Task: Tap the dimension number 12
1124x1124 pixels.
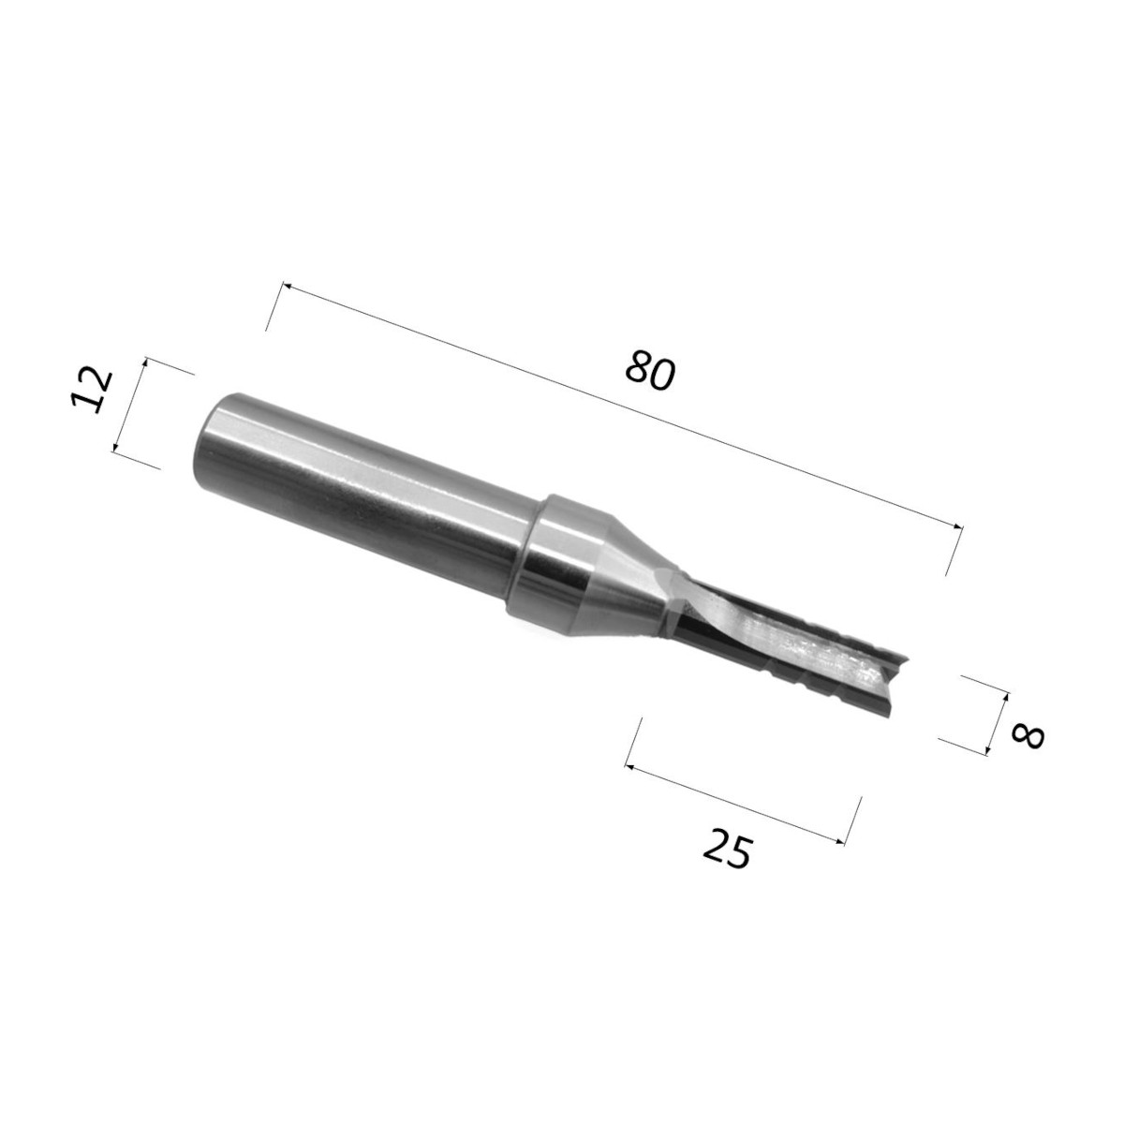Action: tap(91, 391)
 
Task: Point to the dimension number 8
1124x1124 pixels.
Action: tap(1028, 737)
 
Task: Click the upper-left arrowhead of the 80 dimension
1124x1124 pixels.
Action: tap(286, 287)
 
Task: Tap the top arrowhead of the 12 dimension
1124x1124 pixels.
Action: tap(144, 362)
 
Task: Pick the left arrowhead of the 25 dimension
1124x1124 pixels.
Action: tap(629, 766)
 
